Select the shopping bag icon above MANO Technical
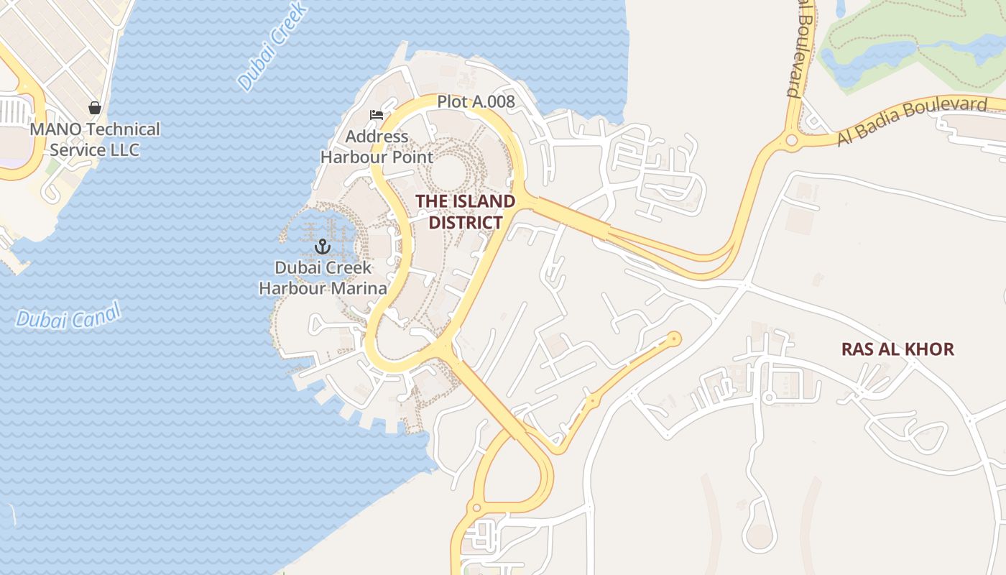point(94,108)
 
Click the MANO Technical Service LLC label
point(95,139)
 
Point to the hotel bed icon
point(377,114)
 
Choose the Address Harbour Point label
point(377,147)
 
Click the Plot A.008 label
point(476,102)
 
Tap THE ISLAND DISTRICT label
point(466,211)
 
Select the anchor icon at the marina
point(323,247)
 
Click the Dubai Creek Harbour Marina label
point(323,278)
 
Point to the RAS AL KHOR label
point(897,349)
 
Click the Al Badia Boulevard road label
point(912,121)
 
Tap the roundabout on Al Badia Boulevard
point(792,140)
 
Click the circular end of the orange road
point(673,337)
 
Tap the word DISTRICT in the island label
point(466,222)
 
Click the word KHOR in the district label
point(930,349)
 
